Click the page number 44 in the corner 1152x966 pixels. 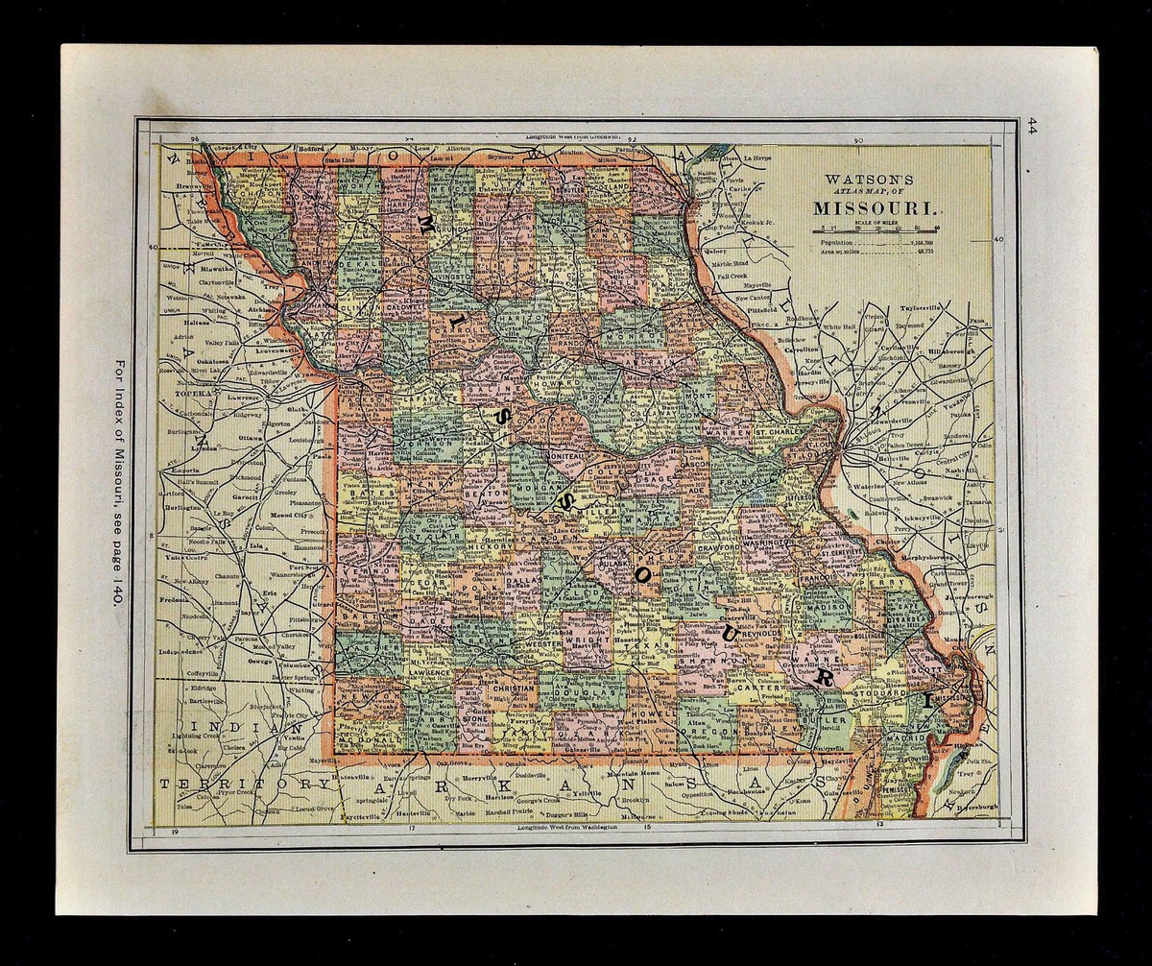[1033, 126]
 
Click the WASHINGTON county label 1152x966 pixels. [766, 543]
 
